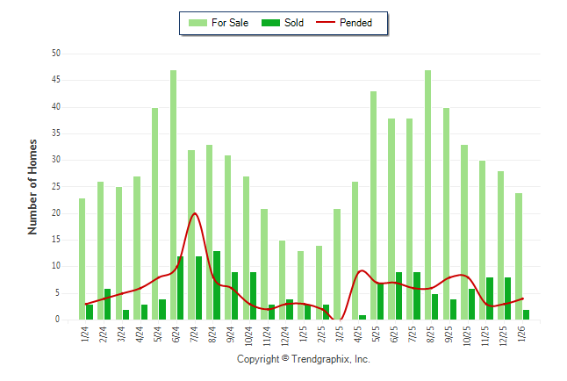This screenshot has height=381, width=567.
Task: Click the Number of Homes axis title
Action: [x=33, y=186]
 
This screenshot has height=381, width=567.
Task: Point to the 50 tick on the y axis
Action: [x=55, y=54]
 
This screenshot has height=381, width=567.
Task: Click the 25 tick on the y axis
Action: [x=55, y=187]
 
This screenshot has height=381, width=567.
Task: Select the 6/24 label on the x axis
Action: [x=174, y=336]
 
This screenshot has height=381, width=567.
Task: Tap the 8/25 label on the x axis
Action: [x=428, y=336]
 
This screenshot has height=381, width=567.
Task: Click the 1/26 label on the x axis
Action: [x=520, y=336]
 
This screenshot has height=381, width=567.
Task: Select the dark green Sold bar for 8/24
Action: [x=217, y=285]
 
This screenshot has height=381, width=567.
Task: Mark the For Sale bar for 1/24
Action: [x=83, y=259]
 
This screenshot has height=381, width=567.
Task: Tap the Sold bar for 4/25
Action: [x=362, y=317]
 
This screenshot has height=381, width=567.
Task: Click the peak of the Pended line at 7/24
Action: [x=194, y=213]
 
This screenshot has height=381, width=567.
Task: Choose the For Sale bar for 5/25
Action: [x=373, y=205]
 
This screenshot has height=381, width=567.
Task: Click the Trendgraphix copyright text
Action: [x=304, y=359]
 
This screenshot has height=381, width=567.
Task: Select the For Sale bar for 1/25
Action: [x=300, y=285]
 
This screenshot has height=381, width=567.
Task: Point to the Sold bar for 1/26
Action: [x=526, y=314]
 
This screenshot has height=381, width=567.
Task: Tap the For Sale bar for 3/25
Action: [x=337, y=264]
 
